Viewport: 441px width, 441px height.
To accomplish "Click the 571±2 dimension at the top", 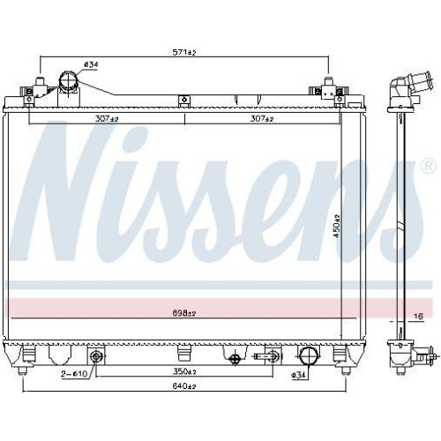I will coord(183,52).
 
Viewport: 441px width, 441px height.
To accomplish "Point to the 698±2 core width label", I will coord(183,313).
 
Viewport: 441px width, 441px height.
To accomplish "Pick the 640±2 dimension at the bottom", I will coord(183,386).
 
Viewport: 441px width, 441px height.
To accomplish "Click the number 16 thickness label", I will coord(419,315).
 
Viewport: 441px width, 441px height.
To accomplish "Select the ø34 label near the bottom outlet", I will coord(299,376).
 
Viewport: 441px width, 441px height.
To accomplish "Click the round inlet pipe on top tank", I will coord(67,84).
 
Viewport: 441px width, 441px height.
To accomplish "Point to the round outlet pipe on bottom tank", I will coord(308,357).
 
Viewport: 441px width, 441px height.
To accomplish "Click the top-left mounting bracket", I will coord(39,89).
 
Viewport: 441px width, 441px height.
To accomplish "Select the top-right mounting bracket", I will coord(328,89).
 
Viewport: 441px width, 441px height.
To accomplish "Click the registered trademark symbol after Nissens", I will coord(428,165).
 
